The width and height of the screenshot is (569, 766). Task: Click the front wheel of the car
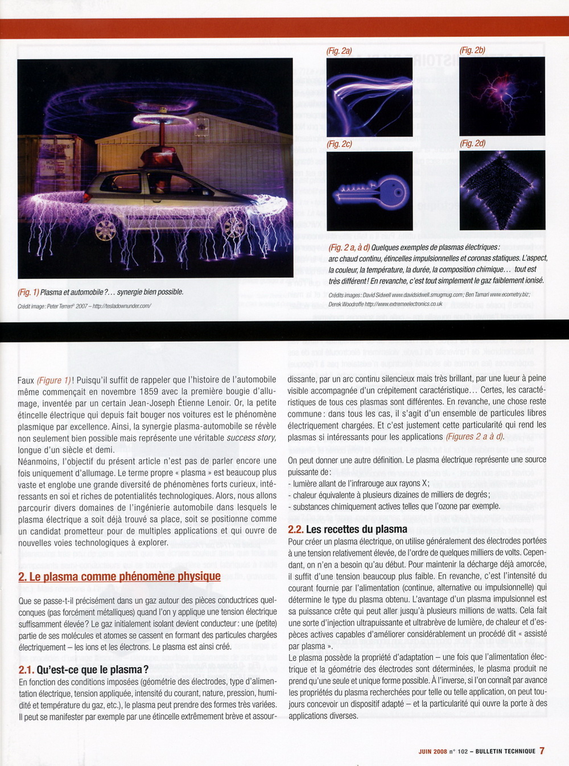pos(234,228)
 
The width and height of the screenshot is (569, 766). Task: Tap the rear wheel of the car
pos(106,230)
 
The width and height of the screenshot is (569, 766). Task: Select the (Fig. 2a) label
pos(339,51)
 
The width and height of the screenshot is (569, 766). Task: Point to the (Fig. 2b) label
pos(472,51)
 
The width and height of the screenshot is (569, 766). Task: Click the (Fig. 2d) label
pos(473,143)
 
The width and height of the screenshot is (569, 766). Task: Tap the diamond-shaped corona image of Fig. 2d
pos(502,190)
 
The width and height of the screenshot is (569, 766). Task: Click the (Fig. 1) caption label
pos(28,292)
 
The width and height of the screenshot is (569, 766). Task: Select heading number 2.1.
pos(26,670)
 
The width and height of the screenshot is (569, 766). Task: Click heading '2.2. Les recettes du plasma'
pos(347,529)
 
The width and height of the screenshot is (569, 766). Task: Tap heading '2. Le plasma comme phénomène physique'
pos(119,576)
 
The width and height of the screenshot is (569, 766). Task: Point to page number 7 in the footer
pos(542,751)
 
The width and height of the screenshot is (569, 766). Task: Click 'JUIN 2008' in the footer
pos(432,751)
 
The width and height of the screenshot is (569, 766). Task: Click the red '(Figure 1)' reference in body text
pos(54,380)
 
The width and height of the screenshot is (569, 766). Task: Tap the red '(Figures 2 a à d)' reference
pos(475,436)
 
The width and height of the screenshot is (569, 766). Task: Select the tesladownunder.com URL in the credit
pos(122,306)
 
